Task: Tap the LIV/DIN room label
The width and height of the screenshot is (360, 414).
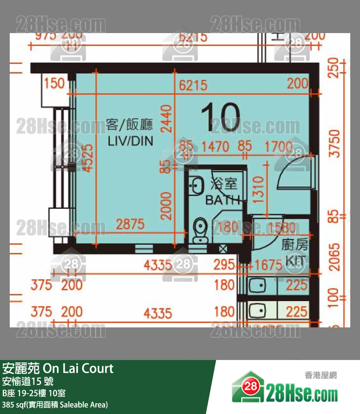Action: pos(130,141)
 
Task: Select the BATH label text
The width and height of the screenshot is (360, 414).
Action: pos(223,199)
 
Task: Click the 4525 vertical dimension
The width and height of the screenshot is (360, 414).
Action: pos(88,164)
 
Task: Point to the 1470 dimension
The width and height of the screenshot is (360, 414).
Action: pos(215,145)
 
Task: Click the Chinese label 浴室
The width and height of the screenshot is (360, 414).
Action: pos(223,184)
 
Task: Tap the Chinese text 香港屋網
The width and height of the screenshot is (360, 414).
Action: pos(321,375)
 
